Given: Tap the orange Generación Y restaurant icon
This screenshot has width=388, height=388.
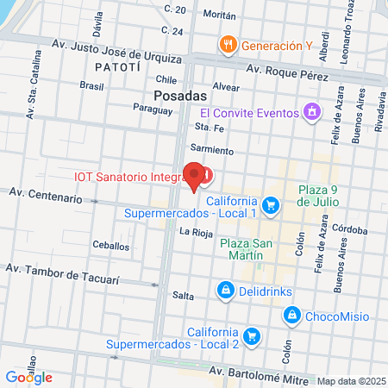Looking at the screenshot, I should click(228, 45).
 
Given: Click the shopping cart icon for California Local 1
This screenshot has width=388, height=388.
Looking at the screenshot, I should click(271, 204).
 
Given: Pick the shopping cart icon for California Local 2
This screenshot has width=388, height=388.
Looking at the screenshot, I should click(252, 335).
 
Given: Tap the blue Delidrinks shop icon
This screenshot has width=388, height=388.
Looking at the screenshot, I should click(225, 290).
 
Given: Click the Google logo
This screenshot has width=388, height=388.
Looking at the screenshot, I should click(28, 377).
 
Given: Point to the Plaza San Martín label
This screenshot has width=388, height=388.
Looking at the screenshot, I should click(247, 250).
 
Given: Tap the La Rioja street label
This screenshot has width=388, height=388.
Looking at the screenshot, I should click(195, 231).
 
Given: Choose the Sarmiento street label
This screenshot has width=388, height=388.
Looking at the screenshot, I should click(216, 150).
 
